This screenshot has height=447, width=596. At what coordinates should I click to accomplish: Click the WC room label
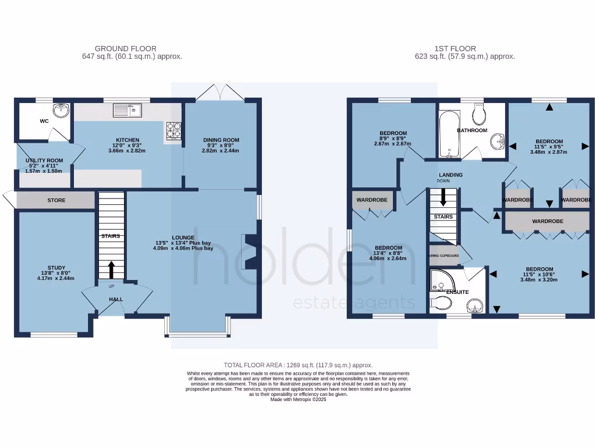44,122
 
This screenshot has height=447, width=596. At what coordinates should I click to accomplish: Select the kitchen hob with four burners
173,130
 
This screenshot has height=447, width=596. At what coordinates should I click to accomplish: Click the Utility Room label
44,161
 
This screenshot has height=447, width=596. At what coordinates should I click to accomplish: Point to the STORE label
56,200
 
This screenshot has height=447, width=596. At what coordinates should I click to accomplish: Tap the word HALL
116,299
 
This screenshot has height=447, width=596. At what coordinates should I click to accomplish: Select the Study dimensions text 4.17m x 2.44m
56,278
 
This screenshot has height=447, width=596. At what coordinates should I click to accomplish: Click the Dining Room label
221,140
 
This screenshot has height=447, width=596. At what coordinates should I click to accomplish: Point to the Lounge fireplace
249,251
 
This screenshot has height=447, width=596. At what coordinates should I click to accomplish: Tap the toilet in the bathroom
480,115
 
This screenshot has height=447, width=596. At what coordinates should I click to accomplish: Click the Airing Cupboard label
444,256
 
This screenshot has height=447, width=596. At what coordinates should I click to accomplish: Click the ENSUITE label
457,292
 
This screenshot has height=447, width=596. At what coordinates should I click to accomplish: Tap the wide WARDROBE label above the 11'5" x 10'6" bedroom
547,221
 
